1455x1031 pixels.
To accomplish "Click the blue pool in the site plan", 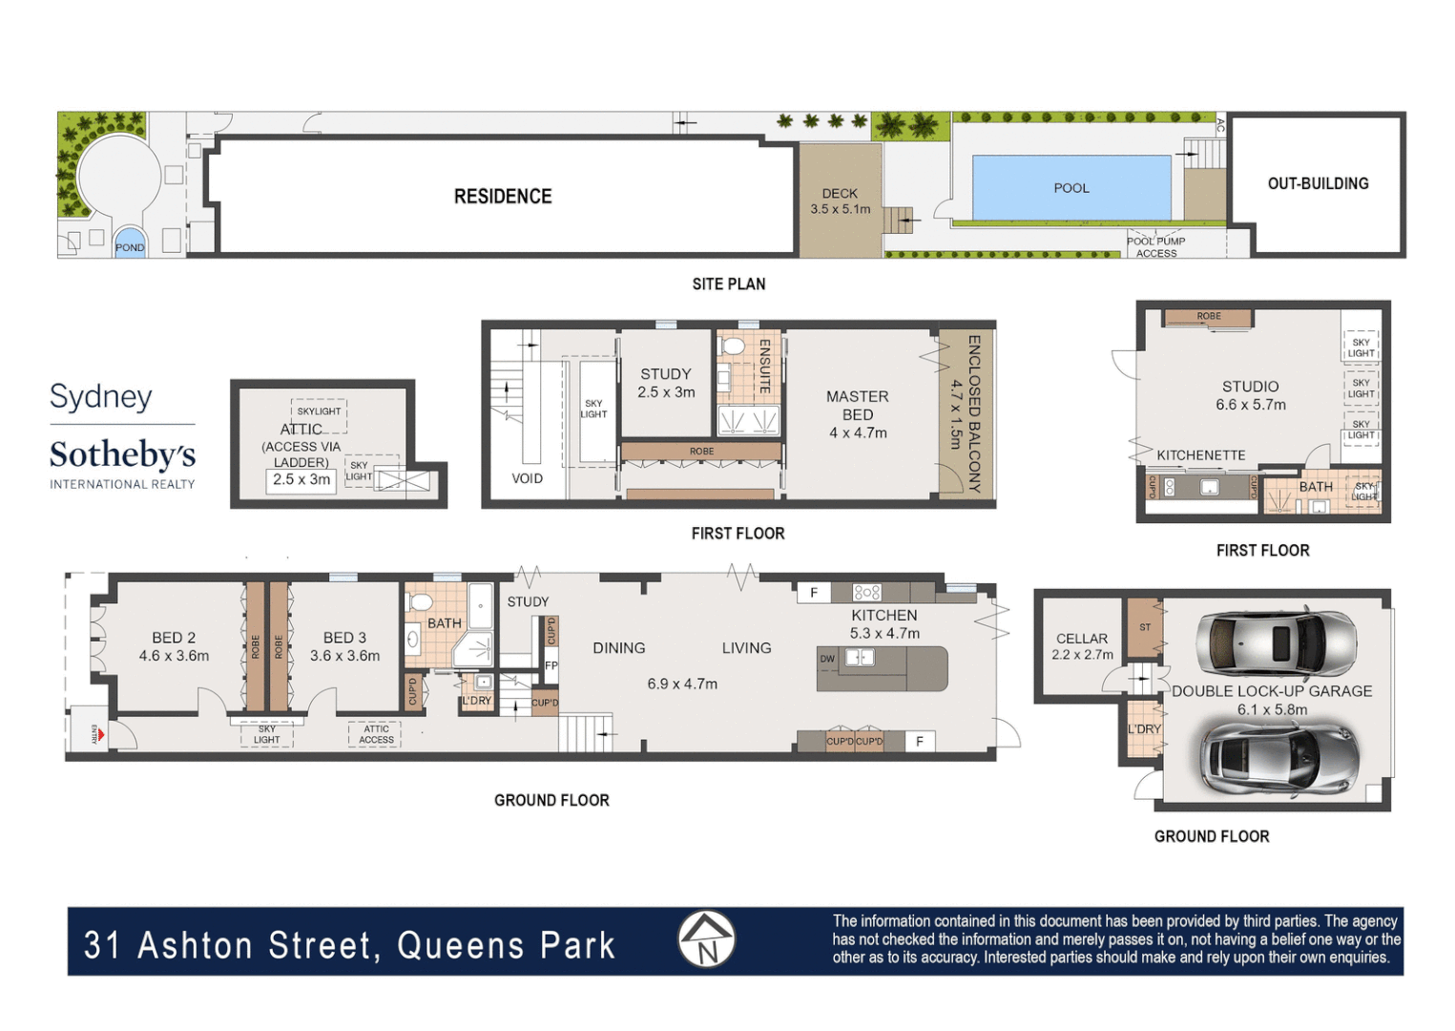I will (x=1070, y=188).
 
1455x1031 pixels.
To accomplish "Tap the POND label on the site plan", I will (x=130, y=247).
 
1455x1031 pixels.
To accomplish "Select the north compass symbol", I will (x=706, y=939).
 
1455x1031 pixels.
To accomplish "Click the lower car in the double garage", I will (x=1278, y=758).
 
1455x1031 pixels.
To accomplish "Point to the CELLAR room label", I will (x=1082, y=639).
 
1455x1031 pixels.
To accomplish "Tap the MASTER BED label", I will (x=857, y=406).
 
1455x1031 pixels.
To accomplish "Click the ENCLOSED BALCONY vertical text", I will (x=973, y=412).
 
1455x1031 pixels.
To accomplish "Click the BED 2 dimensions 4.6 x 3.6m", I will (x=174, y=656).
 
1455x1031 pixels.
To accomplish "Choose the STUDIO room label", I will (x=1250, y=387).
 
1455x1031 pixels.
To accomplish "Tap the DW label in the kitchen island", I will (x=827, y=659).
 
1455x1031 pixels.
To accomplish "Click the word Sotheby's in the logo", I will (x=122, y=454).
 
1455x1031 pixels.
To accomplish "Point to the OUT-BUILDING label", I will (x=1318, y=183).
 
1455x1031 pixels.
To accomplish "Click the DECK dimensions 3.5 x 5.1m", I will (x=840, y=209).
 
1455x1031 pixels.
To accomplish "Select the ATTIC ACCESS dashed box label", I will (x=376, y=734).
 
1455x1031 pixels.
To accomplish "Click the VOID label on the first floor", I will (x=527, y=478).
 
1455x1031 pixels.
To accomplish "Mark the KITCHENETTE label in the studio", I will (x=1200, y=455).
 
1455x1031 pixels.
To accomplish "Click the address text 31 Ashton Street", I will (x=229, y=945).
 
